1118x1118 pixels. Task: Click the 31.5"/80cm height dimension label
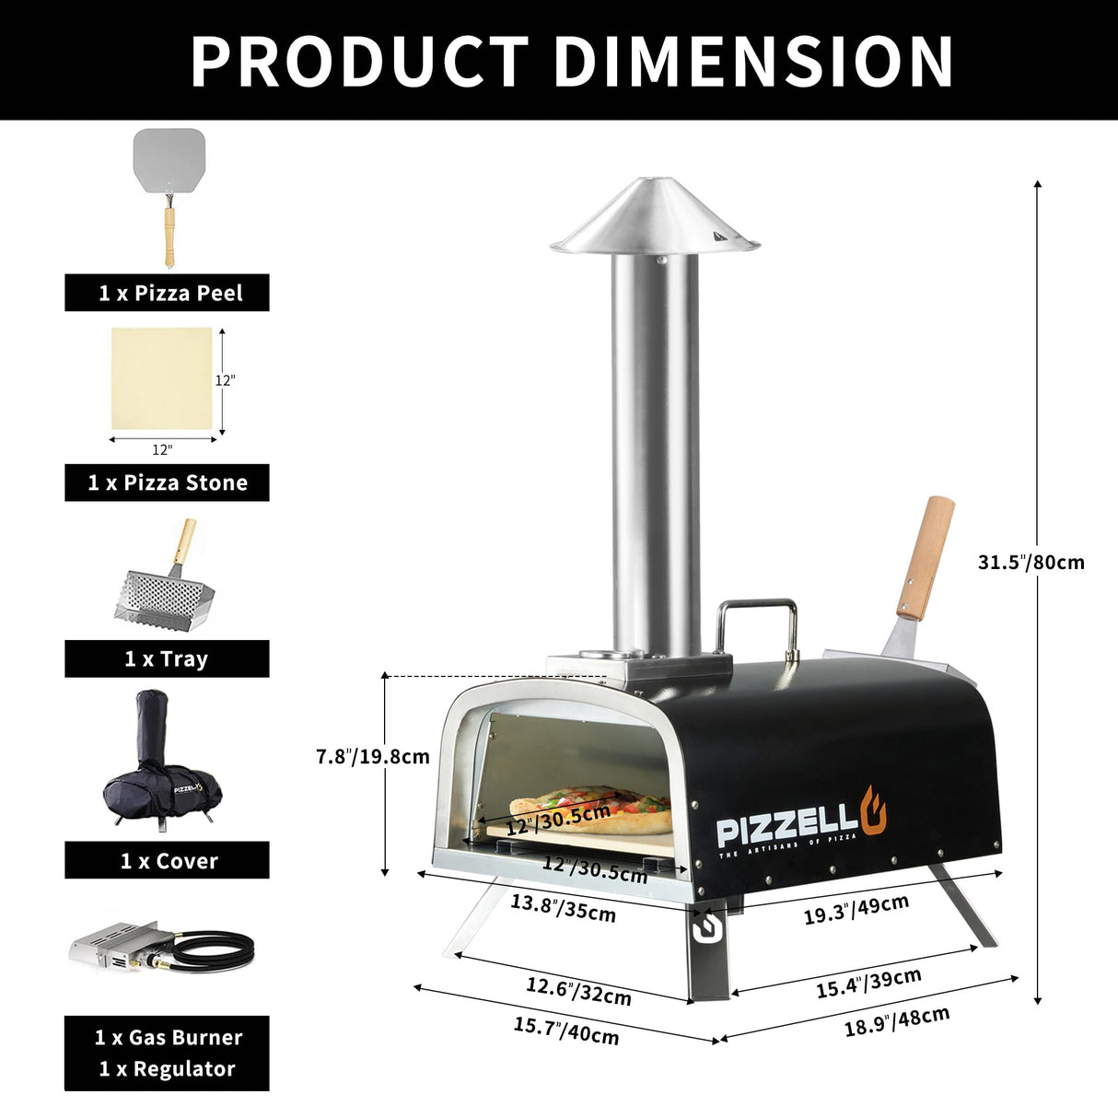[1031, 562]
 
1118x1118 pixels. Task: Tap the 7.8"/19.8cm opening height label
[373, 757]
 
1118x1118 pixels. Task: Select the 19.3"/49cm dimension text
[856, 910]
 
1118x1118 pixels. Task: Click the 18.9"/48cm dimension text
[897, 1021]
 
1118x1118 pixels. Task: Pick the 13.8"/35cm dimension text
[563, 908]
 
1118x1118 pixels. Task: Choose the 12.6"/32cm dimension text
[578, 990]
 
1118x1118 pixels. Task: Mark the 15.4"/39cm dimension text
[868, 983]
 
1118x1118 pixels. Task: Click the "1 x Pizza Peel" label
[168, 293]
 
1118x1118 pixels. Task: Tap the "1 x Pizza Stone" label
[168, 483]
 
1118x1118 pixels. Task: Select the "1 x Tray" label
[168, 658]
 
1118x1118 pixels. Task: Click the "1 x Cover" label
[168, 860]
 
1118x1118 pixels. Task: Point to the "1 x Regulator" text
[168, 1069]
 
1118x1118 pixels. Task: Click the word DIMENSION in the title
[752, 62]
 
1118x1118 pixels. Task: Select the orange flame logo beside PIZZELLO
[874, 810]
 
